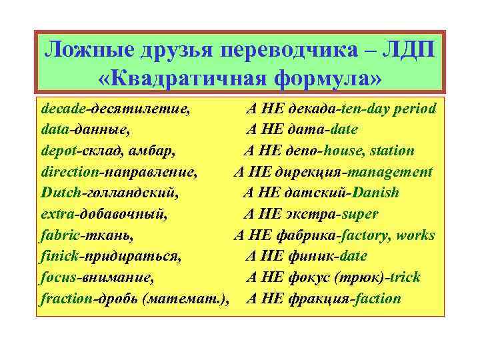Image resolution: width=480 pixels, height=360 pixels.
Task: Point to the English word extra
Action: (57, 214)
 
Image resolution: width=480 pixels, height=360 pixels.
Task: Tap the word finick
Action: (59, 256)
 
